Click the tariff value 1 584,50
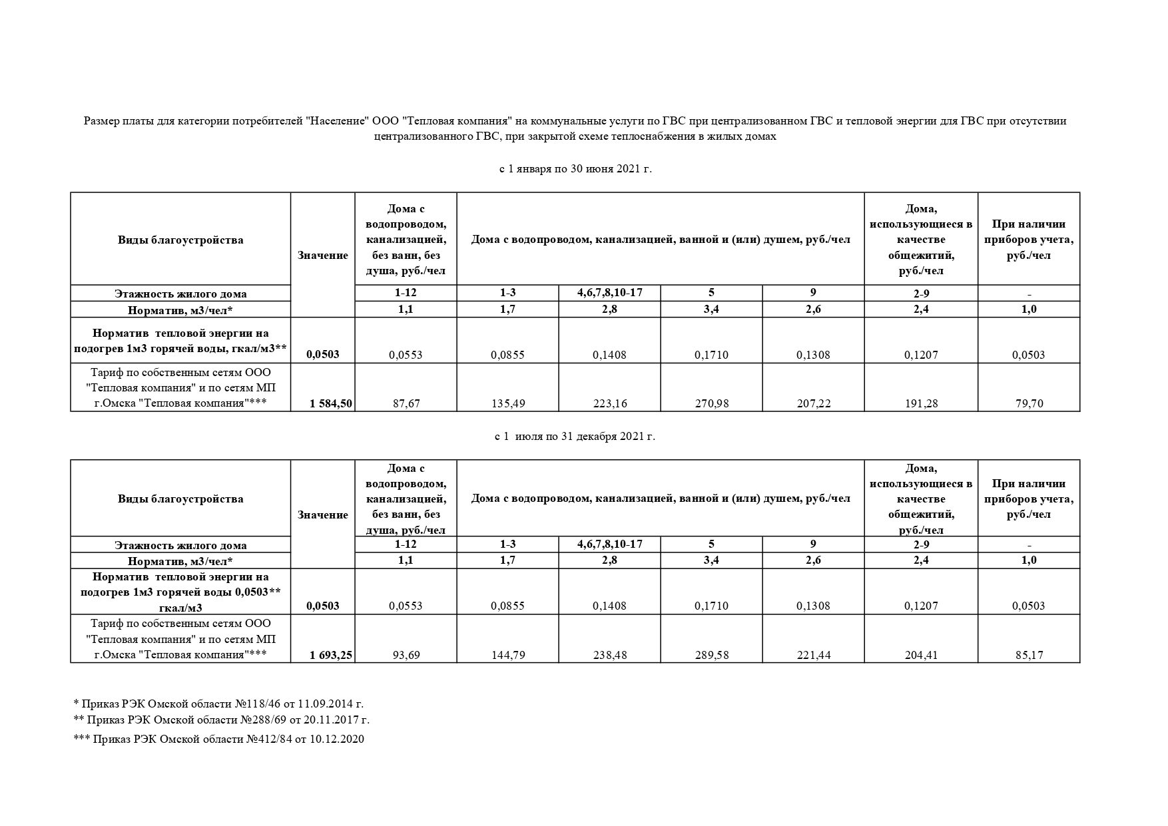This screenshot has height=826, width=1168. tap(330, 403)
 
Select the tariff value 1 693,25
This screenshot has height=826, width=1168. tap(330, 655)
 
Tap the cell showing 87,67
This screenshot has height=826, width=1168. tap(406, 403)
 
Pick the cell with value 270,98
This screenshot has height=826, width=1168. tap(711, 403)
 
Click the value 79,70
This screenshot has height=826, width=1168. tap(1028, 403)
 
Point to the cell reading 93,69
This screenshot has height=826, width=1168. tap(406, 655)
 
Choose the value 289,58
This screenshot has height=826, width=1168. tap(711, 655)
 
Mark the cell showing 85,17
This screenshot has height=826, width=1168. tap(1028, 655)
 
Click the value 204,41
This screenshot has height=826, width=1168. tap(921, 655)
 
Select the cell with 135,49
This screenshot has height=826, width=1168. tap(507, 403)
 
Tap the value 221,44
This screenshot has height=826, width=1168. tap(813, 655)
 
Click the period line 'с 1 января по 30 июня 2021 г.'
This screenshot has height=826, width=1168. tap(575, 169)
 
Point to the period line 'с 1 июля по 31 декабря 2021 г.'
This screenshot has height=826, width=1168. tap(575, 437)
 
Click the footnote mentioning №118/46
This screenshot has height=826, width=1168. tap(218, 704)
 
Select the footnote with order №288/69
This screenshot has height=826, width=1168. tap(221, 720)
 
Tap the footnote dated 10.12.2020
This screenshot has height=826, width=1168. tap(218, 739)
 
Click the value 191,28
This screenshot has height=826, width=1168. tap(921, 403)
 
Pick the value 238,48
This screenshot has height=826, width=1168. tap(609, 655)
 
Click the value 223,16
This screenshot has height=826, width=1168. tap(609, 403)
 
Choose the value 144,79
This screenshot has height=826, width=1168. tap(507, 655)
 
